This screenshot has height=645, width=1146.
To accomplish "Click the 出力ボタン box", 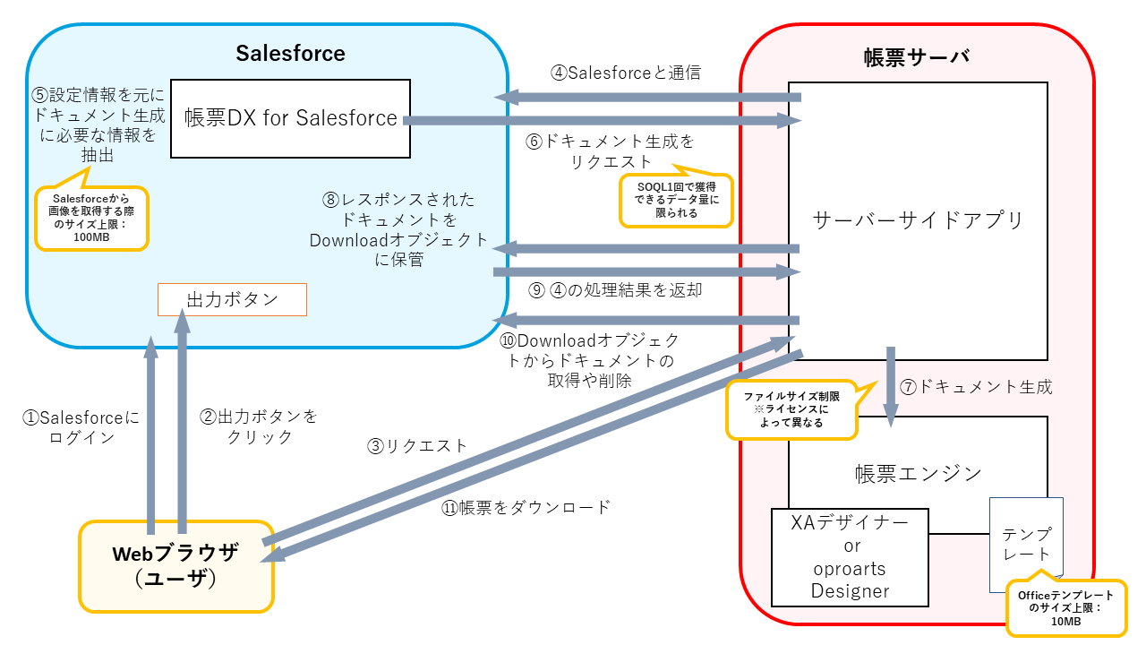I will click(232, 299).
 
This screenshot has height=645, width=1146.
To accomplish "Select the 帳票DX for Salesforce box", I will click(290, 118).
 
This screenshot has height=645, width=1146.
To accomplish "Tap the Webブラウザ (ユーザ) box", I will click(175, 566).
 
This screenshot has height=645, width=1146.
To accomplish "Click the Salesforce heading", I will click(290, 53).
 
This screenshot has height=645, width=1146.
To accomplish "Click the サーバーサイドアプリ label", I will click(918, 220).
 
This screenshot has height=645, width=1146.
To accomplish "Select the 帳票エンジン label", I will click(918, 473).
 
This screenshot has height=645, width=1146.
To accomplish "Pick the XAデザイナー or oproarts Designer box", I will click(850, 556).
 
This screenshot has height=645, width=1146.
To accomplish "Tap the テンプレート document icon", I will click(1026, 544).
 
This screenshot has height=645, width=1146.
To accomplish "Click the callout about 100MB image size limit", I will click(91, 218).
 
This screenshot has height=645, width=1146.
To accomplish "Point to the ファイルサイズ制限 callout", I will click(791, 410).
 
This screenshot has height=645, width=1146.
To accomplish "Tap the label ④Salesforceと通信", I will click(626, 73).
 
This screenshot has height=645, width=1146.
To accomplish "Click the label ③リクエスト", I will click(417, 444).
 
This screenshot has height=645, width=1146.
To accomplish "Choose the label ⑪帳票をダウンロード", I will click(526, 507).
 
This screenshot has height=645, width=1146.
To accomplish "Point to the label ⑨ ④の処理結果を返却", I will click(615, 290).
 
